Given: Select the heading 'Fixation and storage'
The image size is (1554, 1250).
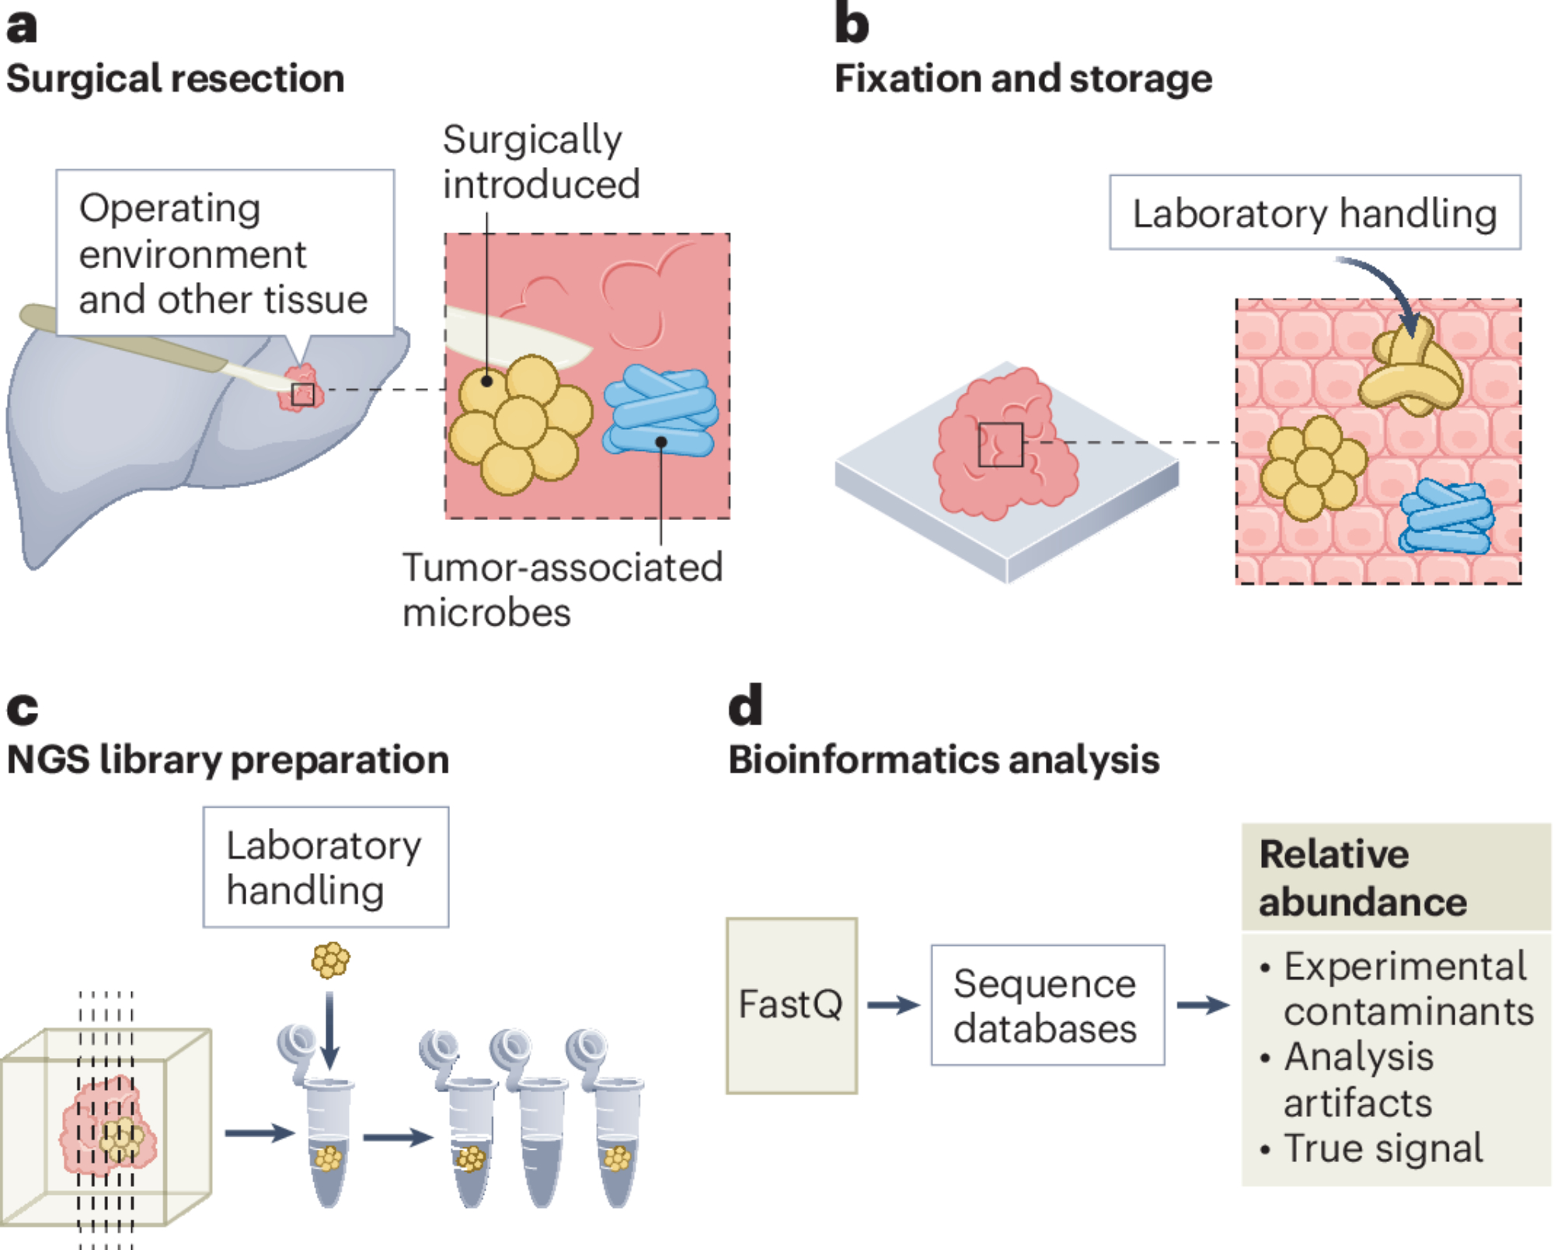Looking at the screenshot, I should pos(1023,79).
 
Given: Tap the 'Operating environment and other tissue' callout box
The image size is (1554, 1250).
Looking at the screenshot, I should pos(225,253).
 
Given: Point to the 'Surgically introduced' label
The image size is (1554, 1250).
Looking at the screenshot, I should pos(541,162).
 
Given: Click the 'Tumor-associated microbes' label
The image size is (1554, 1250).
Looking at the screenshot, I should pos(562,590).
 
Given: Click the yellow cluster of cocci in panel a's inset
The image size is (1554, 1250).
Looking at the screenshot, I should pos(519,424).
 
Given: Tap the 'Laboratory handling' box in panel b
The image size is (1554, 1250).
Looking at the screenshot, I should pos(1315,212).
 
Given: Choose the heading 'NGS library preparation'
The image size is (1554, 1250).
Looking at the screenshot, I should pos(228,759).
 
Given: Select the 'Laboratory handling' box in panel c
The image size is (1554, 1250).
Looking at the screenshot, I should pos(326,867).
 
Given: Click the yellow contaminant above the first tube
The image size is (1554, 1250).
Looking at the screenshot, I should pos(330,960).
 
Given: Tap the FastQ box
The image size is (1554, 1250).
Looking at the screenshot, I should pos(791,1005).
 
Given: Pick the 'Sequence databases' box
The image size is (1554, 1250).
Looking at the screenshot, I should pos(1047,1005).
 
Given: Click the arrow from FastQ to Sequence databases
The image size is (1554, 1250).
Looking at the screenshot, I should pos(894,1005).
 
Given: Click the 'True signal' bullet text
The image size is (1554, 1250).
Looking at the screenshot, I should pos(1383,1149).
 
